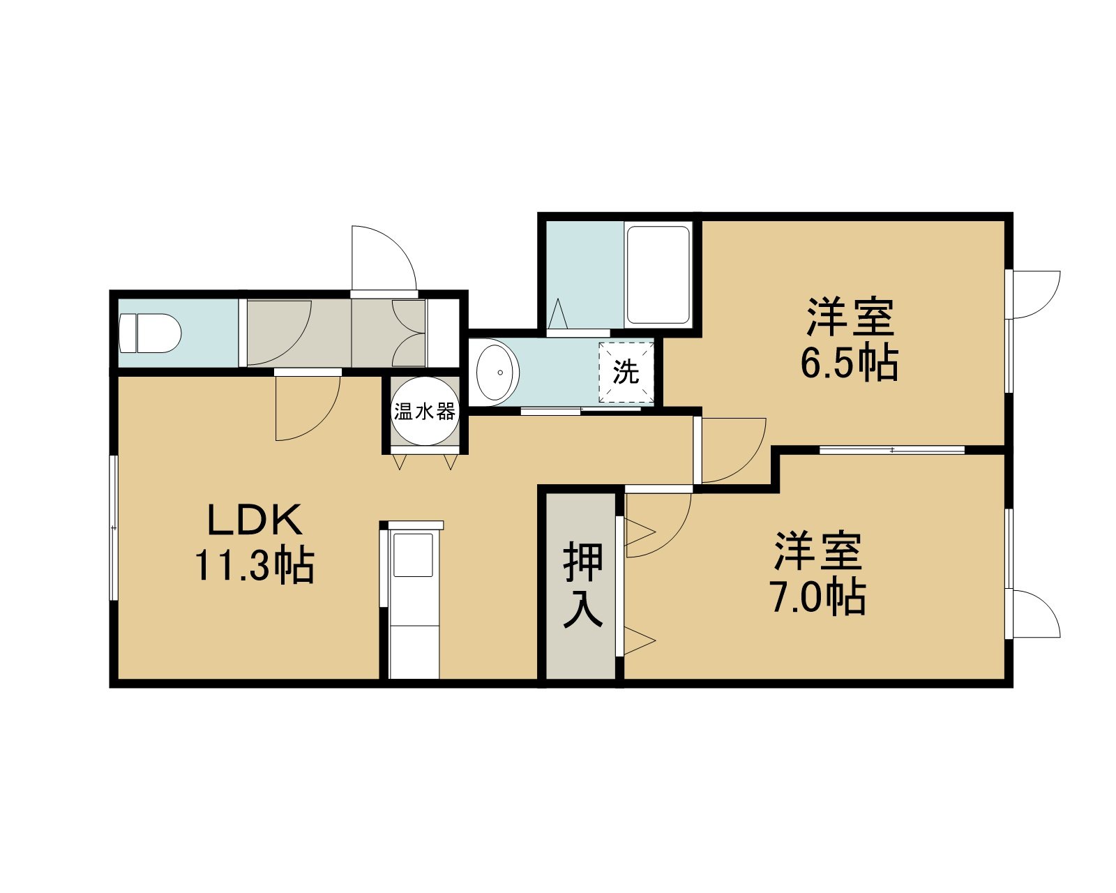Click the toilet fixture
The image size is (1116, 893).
coord(150,333)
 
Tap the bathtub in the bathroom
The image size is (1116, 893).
coord(658,274)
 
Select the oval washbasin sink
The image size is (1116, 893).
coord(497,372)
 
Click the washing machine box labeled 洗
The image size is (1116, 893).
coord(626,372)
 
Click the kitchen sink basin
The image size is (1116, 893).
coord(414,555)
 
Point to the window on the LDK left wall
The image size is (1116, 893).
coord(113,527)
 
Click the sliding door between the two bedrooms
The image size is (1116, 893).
coord(891,450)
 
